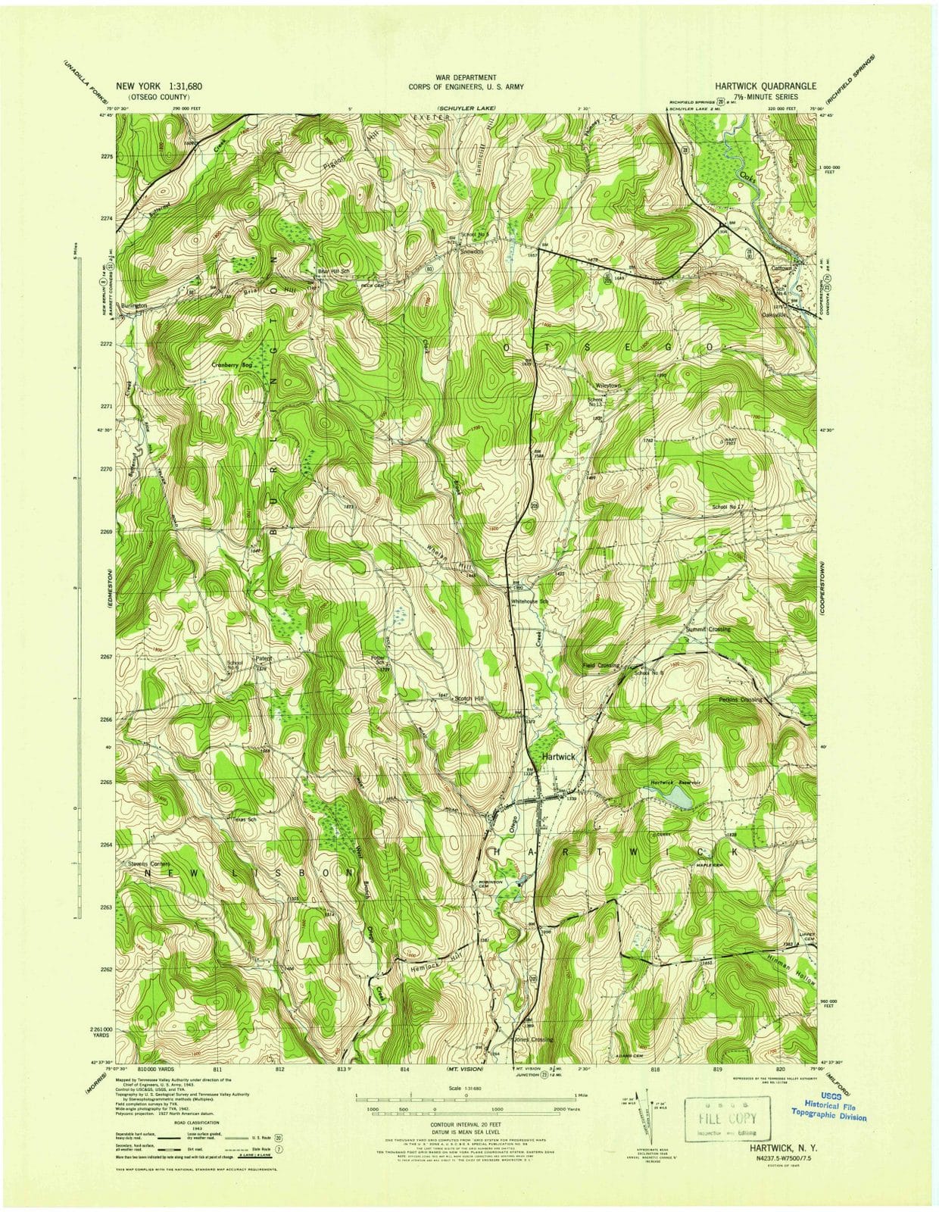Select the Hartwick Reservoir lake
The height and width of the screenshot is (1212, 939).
point(675,796)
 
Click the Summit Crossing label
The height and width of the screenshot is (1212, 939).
point(708,629)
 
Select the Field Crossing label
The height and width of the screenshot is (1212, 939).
point(601,665)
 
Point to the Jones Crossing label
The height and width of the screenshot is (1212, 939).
point(533,1039)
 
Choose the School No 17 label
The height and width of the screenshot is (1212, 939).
point(729,507)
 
